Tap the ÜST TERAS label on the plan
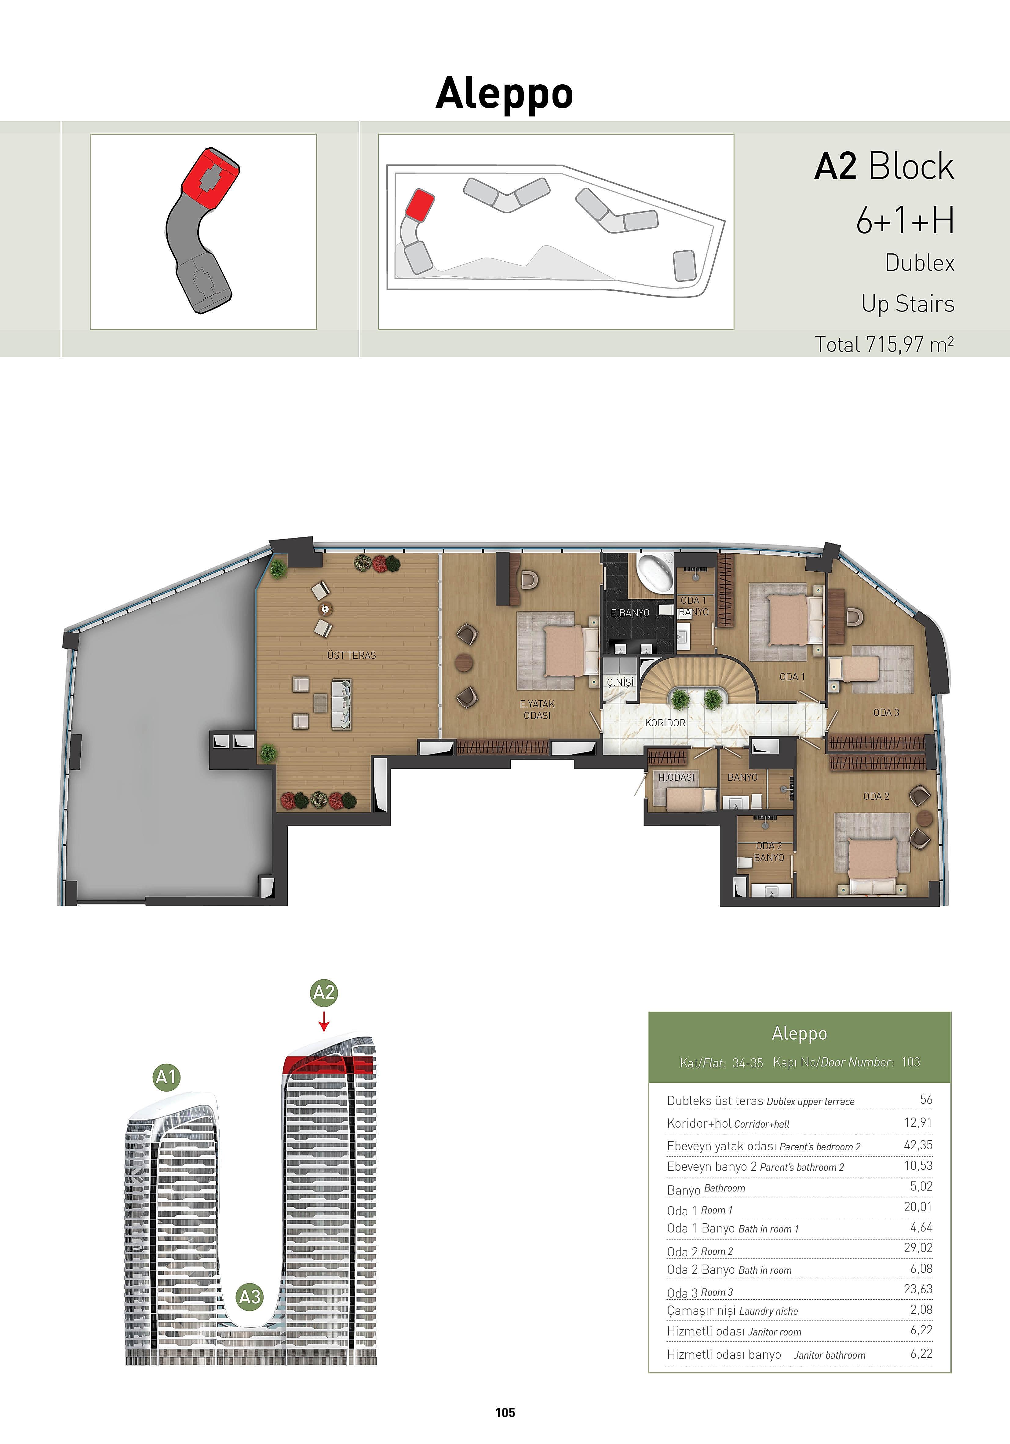[351, 655]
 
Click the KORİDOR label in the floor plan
[665, 723]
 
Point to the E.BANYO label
[630, 613]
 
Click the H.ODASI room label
[676, 777]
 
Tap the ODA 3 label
[886, 713]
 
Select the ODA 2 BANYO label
[769, 852]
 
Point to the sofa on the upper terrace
[342, 704]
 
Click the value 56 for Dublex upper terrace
[926, 1099]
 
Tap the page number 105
[505, 1413]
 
